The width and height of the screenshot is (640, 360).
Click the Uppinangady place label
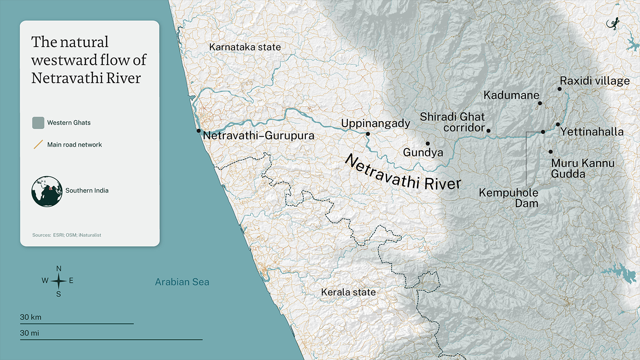pos(375,123)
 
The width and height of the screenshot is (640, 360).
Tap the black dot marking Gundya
pos(427,143)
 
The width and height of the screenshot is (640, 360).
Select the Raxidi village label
pos(595,81)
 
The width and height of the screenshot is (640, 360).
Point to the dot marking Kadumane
pos(540,103)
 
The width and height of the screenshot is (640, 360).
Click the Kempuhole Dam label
pos(509,198)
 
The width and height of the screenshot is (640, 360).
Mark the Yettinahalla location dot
pos(558,125)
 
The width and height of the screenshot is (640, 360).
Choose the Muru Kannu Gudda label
pos(582,168)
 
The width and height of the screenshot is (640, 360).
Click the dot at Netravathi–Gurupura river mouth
pos(199,131)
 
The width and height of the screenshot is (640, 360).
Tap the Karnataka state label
pos(245,47)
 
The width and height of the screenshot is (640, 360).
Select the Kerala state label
pos(348,292)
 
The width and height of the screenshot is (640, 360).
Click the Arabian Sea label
pos(182,282)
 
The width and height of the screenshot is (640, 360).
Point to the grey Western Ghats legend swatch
pos(38,122)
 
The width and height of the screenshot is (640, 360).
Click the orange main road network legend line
pos(38,145)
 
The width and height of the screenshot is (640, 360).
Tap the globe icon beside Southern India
pos(47,192)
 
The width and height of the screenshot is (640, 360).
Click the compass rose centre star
pos(59,281)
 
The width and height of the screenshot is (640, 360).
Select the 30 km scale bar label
pos(31,317)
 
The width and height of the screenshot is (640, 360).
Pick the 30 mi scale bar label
pos(30,333)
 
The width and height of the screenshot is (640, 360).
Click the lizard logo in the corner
pos(613,24)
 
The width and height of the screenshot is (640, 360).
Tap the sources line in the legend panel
pos(67,235)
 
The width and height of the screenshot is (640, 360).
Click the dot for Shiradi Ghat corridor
pos(488,131)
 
